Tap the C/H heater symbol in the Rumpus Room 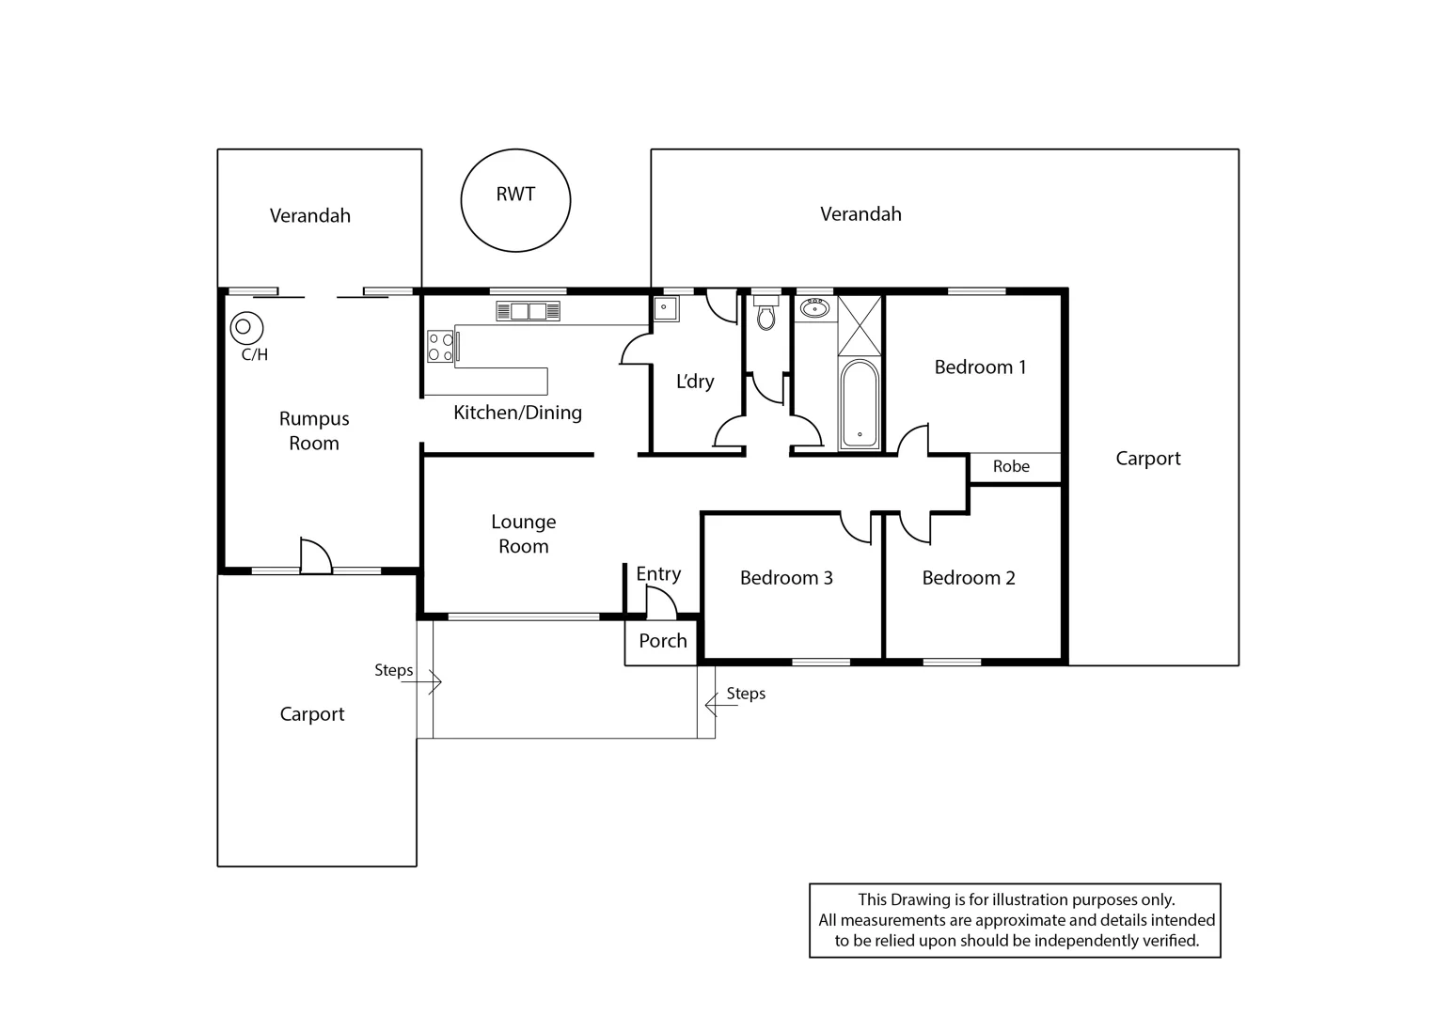click(x=246, y=328)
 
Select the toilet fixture click(x=765, y=314)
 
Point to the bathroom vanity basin click(x=814, y=308)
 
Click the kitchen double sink click(x=529, y=311)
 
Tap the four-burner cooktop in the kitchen click(x=440, y=346)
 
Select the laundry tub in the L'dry click(x=666, y=308)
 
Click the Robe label click(x=1011, y=466)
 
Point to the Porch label click(x=663, y=640)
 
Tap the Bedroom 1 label click(x=980, y=367)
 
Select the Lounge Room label click(x=524, y=534)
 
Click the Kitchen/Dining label click(x=517, y=413)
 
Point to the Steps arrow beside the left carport click(x=422, y=681)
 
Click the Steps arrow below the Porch click(x=721, y=705)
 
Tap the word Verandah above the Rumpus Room click(x=310, y=215)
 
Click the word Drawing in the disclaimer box click(x=921, y=899)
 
